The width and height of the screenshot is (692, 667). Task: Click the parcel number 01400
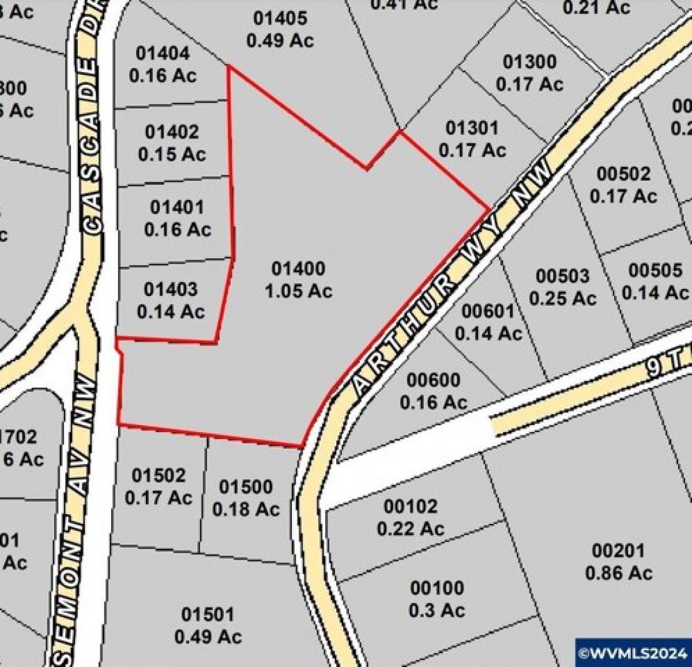tap(298, 269)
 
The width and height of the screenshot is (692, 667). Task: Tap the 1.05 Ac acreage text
tap(298, 291)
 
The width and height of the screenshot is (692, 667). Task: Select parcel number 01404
tap(163, 54)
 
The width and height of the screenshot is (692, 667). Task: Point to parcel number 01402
tap(172, 132)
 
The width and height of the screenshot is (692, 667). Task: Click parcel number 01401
tap(177, 207)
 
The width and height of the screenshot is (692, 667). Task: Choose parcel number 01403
tap(171, 289)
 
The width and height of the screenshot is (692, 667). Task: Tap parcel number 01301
tap(472, 128)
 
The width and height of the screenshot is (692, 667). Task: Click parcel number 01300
tap(529, 62)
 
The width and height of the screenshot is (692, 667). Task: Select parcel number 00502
tap(623, 174)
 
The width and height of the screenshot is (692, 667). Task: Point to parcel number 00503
tap(563, 276)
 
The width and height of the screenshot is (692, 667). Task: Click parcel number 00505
tap(655, 271)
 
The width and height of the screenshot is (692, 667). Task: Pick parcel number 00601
tap(488, 312)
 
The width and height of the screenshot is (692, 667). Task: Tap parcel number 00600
tap(434, 380)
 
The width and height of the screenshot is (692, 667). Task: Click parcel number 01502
tap(159, 475)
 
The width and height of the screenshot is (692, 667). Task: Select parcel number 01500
tap(246, 488)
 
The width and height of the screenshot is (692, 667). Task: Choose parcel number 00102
tap(411, 507)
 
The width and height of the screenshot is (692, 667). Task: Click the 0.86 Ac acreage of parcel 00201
tap(619, 573)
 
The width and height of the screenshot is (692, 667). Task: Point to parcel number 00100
tap(437, 589)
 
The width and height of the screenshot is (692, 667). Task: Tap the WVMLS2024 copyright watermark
tap(633, 654)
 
